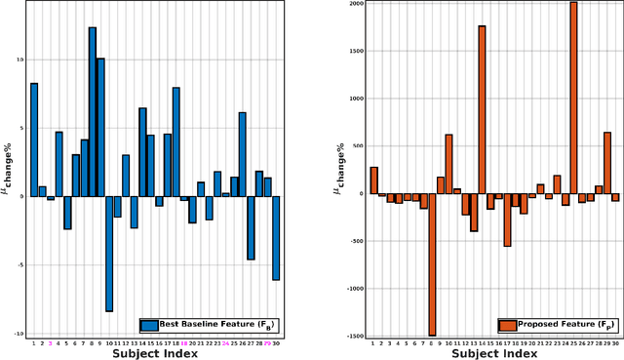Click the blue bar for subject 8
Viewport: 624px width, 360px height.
(x=93, y=111)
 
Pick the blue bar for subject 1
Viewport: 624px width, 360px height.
(x=34, y=140)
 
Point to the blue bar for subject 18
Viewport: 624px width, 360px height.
(x=176, y=141)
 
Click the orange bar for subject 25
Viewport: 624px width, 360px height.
(x=573, y=98)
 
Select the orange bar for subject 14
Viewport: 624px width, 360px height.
(x=482, y=109)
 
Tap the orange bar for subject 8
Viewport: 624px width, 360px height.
(x=432, y=264)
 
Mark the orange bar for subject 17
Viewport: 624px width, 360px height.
(x=507, y=220)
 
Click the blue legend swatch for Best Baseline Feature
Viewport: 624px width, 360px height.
(x=150, y=326)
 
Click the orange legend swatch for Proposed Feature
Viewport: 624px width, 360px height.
(x=507, y=326)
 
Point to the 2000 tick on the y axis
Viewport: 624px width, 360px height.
(x=355, y=4)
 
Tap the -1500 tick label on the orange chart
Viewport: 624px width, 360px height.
(x=354, y=336)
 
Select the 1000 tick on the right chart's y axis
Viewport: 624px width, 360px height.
(x=355, y=99)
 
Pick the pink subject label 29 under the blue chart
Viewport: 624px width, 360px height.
(x=267, y=343)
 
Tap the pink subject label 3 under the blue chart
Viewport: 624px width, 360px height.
(x=51, y=343)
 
